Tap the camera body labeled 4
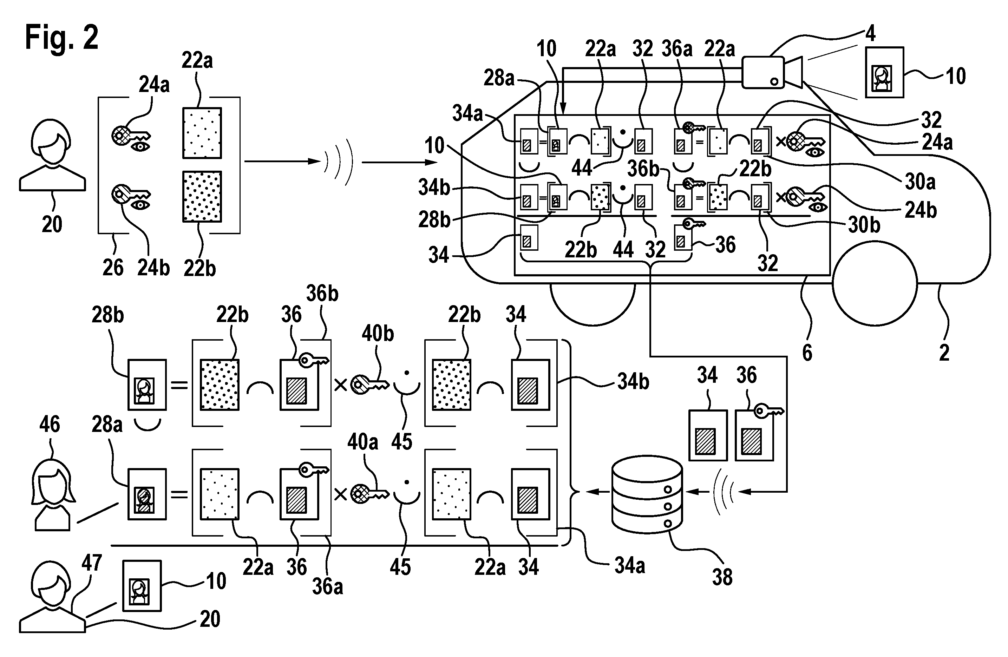coord(763,72)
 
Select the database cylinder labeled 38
coord(647,494)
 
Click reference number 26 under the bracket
coord(113,268)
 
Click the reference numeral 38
coord(722,577)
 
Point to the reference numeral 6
coord(807,353)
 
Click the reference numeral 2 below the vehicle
coord(944,353)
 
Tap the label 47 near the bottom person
coord(92,563)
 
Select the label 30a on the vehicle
coord(920,182)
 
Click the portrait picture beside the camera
coord(884,72)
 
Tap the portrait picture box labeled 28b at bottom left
coord(147,385)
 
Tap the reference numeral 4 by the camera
coord(870,33)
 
